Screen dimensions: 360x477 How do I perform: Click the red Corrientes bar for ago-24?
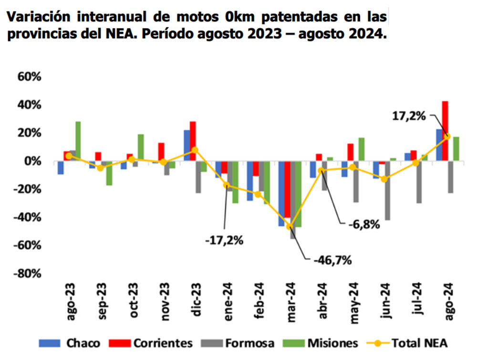click(x=445, y=131)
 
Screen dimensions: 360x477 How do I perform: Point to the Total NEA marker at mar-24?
click(x=289, y=226)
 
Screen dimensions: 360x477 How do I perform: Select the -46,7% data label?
click(x=332, y=260)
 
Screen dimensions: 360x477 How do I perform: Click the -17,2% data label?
click(x=225, y=240)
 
